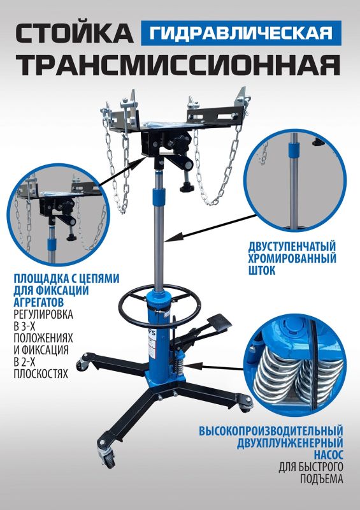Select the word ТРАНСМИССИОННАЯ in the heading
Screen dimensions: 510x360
click(179, 66)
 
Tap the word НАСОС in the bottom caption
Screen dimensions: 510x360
click(328, 456)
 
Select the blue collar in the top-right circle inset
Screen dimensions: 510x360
click(292, 152)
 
